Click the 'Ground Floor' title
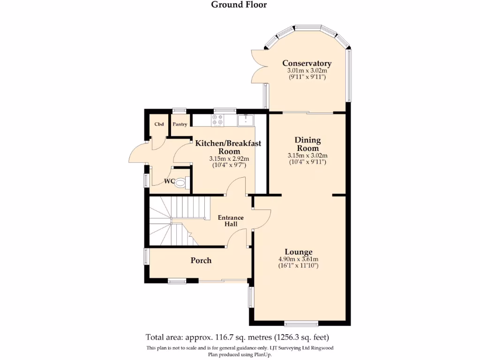pos(239,5)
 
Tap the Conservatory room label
pos(307,63)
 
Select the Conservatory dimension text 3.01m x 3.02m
pos(307,71)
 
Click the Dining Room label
pos(307,144)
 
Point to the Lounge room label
pos(299,252)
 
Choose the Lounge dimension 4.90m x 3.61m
pos(299,260)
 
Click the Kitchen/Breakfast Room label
pos(228,147)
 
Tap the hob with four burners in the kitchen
pos(218,120)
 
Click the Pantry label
pos(180,124)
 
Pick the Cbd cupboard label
pos(159,124)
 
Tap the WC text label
pos(170,181)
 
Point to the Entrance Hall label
pos(231,221)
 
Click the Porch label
pos(201,261)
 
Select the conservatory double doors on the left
pos(258,66)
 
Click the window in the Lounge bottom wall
pos(301,323)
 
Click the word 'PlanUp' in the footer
pos(261,354)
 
